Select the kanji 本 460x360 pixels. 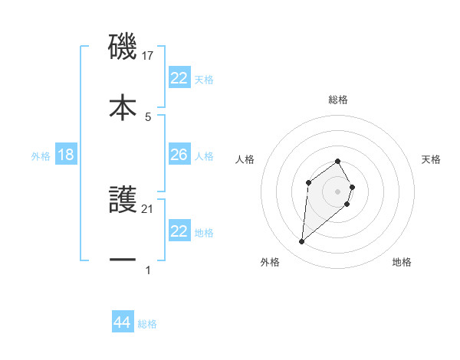click(123, 106)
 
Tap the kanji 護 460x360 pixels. click(123, 201)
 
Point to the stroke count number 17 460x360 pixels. click(149, 56)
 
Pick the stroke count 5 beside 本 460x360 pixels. click(148, 116)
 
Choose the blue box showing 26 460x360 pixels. click(179, 155)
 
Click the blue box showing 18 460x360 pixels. click(66, 155)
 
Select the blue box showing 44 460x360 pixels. click(123, 322)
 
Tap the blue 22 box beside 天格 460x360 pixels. click(179, 78)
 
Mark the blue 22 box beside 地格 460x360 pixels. click(179, 232)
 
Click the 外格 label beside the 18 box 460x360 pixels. click(41, 156)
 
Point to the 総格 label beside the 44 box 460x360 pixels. click(147, 324)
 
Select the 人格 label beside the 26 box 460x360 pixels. click(204, 156)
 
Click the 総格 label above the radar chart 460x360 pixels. click(338, 100)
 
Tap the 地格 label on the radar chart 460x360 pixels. click(402, 263)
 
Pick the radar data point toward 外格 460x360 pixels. click(301, 242)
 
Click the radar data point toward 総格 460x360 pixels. click(337, 161)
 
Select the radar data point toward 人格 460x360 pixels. click(308, 182)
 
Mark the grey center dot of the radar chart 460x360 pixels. click(337, 191)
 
